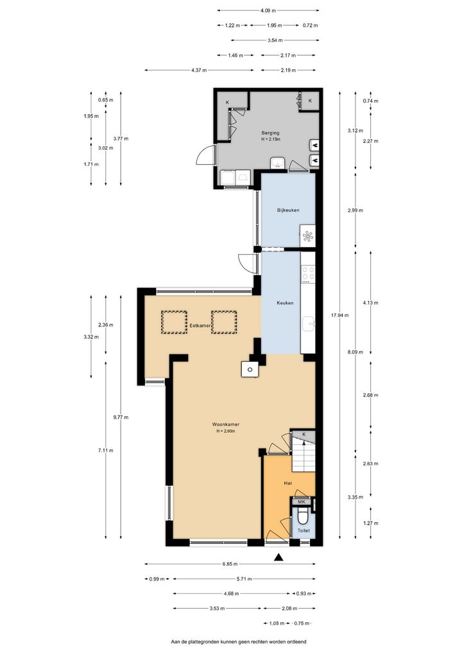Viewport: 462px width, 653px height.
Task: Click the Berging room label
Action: [270, 133]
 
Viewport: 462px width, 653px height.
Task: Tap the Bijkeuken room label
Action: [288, 210]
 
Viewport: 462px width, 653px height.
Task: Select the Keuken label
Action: [285, 303]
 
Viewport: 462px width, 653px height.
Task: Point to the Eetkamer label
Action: [200, 326]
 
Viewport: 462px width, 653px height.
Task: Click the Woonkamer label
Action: [226, 425]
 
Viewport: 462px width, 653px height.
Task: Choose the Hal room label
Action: [287, 483]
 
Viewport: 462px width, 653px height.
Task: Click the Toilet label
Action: [304, 530]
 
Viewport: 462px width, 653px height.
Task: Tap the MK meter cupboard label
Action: [302, 502]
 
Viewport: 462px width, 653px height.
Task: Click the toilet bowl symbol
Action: [304, 518]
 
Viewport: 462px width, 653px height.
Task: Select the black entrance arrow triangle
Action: [278, 557]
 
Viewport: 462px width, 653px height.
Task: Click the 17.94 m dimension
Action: [340, 315]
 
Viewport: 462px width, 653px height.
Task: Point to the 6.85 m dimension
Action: [230, 564]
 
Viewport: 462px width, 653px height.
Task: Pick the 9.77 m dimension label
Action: [121, 417]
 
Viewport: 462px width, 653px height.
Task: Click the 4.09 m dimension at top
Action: [268, 10]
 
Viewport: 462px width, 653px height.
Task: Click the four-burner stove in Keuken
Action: [308, 273]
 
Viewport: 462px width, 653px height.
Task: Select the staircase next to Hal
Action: [304, 455]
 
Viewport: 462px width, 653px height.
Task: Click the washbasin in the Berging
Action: [277, 163]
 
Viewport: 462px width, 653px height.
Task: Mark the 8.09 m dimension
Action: [355, 352]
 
